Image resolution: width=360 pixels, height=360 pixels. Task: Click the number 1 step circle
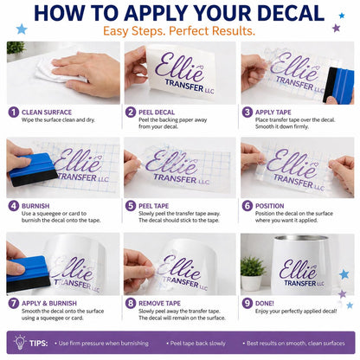(x=14, y=112)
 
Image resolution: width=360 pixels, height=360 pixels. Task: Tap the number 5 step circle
(x=131, y=206)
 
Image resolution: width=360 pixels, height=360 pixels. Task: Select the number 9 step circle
(x=247, y=304)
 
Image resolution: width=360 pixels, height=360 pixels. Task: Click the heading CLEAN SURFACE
(x=47, y=112)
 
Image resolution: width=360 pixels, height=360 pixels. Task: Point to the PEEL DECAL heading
(x=157, y=112)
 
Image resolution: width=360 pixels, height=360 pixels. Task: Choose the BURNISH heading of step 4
(x=35, y=206)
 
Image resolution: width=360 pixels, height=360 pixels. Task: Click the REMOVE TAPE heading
(x=159, y=304)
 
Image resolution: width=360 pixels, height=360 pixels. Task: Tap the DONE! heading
(x=265, y=304)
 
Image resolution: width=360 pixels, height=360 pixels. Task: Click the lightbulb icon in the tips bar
(x=20, y=343)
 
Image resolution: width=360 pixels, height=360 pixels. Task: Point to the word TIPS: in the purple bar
(x=39, y=344)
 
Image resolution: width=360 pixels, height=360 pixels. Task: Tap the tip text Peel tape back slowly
(x=197, y=344)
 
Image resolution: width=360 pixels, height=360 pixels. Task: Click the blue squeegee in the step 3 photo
(x=339, y=86)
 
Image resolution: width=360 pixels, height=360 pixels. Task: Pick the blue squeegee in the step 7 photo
(x=28, y=273)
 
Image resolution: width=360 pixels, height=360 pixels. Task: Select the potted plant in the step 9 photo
(x=253, y=273)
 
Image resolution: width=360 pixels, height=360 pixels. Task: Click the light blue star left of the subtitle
(x=22, y=29)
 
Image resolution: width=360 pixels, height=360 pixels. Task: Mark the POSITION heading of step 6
(x=270, y=206)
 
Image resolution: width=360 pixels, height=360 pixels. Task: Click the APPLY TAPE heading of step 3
(x=273, y=112)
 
